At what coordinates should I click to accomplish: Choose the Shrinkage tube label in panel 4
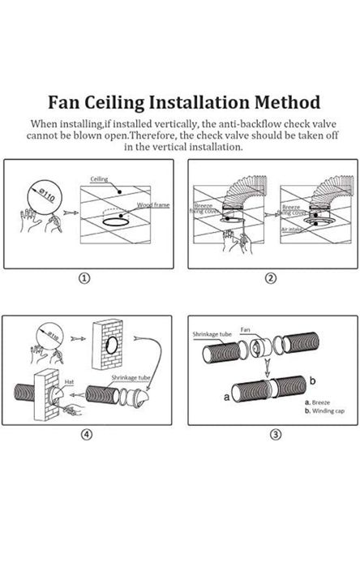121,376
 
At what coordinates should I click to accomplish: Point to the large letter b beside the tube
311,380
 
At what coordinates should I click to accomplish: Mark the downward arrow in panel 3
268,364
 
